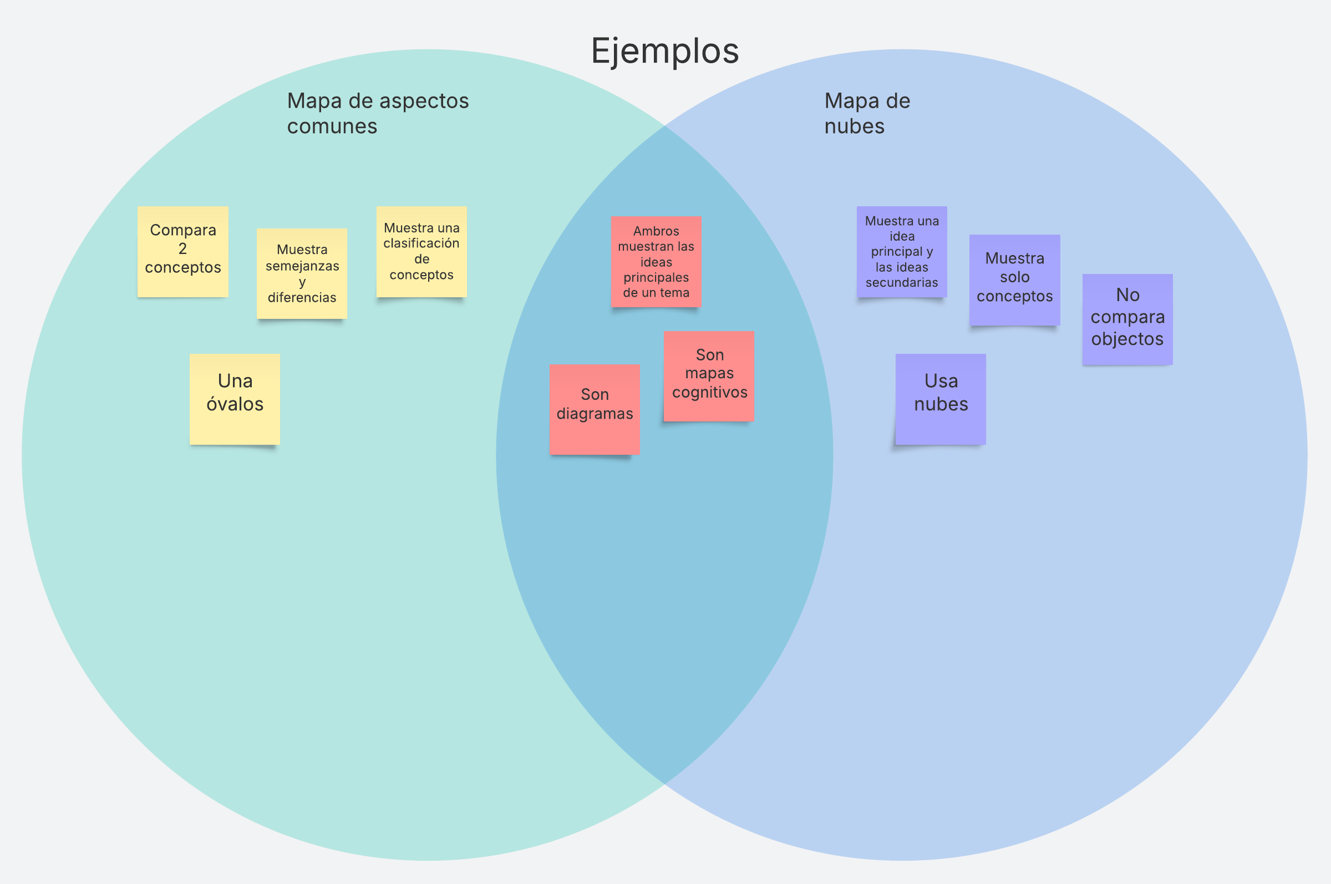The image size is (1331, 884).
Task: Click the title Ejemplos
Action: [x=664, y=50]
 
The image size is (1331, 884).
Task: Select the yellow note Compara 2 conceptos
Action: [x=182, y=251]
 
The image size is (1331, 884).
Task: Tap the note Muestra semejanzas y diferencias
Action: [x=302, y=273]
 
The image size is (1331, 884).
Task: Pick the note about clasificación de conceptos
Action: [x=421, y=251]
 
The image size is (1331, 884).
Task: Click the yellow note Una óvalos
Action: [x=235, y=399]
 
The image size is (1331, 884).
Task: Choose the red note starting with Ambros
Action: [x=656, y=262]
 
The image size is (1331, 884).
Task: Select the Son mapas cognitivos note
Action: [x=709, y=375]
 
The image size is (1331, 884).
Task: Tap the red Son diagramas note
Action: [x=594, y=409]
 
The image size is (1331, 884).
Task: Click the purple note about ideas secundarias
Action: [x=901, y=251]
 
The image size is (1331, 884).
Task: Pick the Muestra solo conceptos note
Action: [x=1014, y=280]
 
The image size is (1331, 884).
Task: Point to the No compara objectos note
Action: [x=1127, y=319]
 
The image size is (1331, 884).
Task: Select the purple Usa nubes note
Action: [x=941, y=399]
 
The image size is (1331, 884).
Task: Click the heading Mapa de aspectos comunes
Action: [x=378, y=113]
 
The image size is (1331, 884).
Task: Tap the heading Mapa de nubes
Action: [x=866, y=113]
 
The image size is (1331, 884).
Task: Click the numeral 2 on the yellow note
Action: [x=182, y=248]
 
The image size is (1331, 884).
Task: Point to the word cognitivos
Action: [x=709, y=393]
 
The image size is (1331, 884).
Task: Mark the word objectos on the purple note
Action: [x=1127, y=339]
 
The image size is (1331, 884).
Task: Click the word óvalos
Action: [x=235, y=404]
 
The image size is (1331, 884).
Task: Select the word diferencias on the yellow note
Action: [x=302, y=297]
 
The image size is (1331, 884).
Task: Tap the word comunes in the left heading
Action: [x=332, y=126]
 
